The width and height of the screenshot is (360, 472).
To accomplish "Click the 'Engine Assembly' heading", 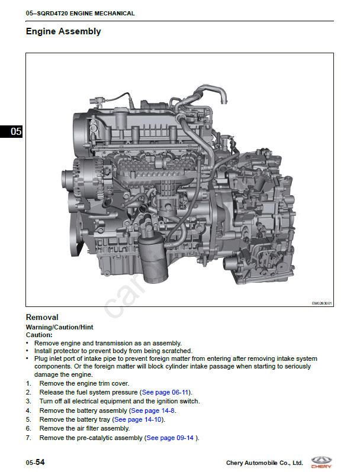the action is click(63, 31).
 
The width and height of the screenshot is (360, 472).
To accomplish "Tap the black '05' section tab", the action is click(11, 131).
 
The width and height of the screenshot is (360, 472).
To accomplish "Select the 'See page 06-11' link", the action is click(165, 393).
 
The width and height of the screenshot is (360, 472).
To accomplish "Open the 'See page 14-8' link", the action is click(153, 410).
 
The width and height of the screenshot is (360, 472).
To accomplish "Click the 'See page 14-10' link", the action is click(138, 419).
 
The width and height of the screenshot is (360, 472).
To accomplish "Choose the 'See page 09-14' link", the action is click(170, 438).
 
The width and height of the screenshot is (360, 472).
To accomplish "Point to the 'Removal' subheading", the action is click(42, 317).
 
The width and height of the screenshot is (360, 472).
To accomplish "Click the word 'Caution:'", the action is click(39, 335).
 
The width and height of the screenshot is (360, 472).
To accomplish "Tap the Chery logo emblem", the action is click(321, 462).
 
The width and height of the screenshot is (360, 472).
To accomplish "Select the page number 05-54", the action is click(36, 463).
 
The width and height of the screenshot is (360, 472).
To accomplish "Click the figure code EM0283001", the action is click(322, 303).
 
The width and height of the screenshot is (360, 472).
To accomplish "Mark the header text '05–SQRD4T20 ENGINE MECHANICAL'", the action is click(81, 14).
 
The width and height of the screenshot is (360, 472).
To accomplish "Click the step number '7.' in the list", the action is click(28, 438).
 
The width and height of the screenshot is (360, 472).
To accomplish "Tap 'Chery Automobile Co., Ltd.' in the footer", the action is click(265, 463).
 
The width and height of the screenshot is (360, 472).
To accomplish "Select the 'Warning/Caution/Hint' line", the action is click(60, 327).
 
